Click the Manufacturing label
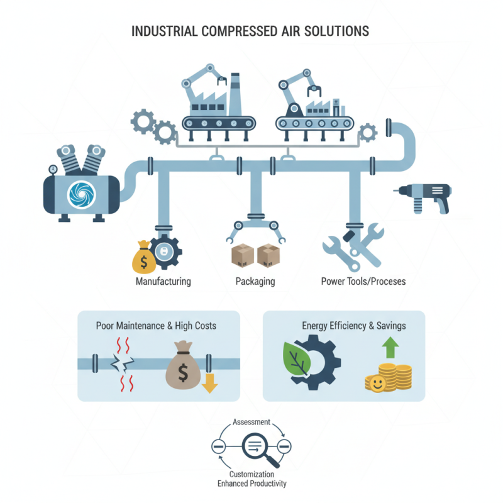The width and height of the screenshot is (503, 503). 163,281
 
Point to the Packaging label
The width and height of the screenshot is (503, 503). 255,281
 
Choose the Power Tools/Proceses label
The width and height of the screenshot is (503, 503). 363,281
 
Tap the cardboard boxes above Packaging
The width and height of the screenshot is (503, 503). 255,255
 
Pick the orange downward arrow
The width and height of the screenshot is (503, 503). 209,383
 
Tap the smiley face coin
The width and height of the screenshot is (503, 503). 375,384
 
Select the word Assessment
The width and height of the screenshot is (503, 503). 251,423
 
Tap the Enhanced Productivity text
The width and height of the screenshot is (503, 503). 251,484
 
